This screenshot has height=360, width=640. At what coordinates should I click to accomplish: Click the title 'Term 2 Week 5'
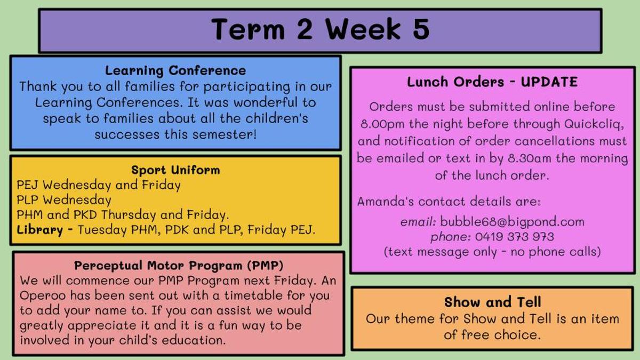click(321, 29)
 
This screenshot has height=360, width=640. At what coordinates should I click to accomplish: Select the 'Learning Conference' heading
click(175, 71)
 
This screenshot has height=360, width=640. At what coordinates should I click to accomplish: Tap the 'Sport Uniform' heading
click(175, 170)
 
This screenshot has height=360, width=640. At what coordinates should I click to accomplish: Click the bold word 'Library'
click(39, 230)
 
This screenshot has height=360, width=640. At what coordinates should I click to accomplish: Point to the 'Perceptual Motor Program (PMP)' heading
click(179, 266)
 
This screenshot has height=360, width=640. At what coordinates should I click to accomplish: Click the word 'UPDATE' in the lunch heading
click(549, 82)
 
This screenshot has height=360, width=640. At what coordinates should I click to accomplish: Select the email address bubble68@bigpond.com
click(512, 222)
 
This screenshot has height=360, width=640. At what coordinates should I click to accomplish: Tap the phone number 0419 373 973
click(514, 237)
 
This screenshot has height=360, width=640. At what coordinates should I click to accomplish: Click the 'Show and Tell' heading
click(493, 302)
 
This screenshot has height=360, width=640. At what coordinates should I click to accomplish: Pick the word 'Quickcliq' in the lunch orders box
click(594, 124)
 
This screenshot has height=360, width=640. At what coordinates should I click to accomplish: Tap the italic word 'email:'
click(418, 222)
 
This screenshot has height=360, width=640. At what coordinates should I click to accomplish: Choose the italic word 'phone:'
click(451, 237)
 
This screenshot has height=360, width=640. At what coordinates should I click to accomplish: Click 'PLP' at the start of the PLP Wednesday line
click(27, 199)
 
